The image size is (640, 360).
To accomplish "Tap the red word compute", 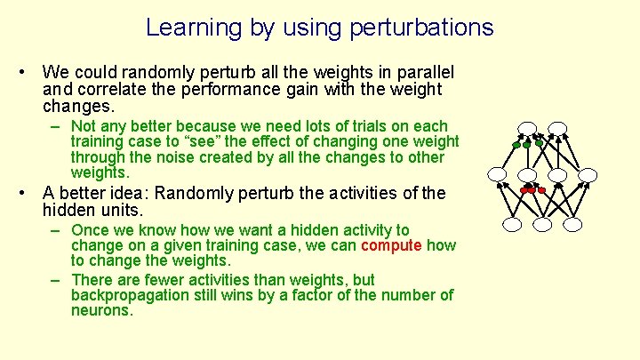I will click(x=391, y=246).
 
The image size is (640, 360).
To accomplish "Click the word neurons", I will click(x=101, y=311).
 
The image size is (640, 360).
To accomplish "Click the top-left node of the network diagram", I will click(x=526, y=128).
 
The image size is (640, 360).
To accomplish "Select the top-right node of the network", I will click(x=557, y=128).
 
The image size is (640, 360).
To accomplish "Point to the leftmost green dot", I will click(x=516, y=145).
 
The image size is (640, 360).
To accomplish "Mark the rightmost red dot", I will click(x=541, y=190).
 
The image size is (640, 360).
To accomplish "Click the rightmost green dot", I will click(x=539, y=143).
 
